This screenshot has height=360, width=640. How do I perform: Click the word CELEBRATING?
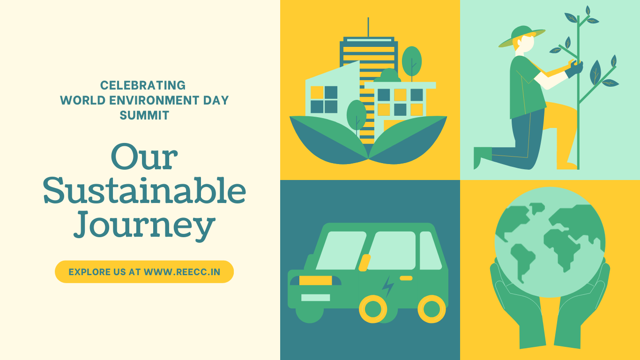tap(143, 85)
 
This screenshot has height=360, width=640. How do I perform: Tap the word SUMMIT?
tap(144, 115)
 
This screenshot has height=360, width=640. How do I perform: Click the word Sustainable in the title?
tap(144, 190)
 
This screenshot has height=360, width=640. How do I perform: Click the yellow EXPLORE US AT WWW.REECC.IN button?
tap(144, 272)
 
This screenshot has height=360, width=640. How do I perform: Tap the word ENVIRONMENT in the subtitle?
tap(154, 100)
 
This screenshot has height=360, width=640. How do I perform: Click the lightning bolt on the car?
tap(388, 286)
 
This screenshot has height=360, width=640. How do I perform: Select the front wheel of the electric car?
tap(373, 309)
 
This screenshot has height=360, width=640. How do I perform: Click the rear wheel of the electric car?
tap(432, 309)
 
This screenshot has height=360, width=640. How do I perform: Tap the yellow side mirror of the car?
tap(365, 263)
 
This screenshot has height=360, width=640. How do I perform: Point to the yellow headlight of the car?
tap(315, 280)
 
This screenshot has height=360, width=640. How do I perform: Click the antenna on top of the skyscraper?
tap(368, 27)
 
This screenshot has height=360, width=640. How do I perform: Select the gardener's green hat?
tap(522, 36)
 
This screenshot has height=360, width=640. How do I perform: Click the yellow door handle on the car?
tap(406, 278)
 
